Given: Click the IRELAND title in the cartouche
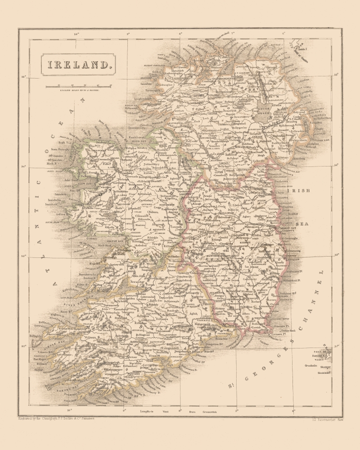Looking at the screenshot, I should pyautogui.click(x=76, y=64).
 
